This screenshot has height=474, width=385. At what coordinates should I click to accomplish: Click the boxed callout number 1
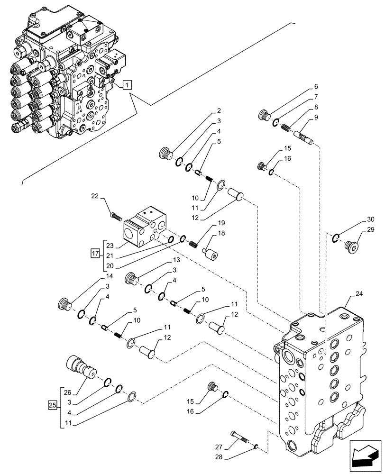127,85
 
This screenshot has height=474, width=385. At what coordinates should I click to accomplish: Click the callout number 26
67,392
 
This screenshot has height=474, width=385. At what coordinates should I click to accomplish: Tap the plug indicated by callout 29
352,246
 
